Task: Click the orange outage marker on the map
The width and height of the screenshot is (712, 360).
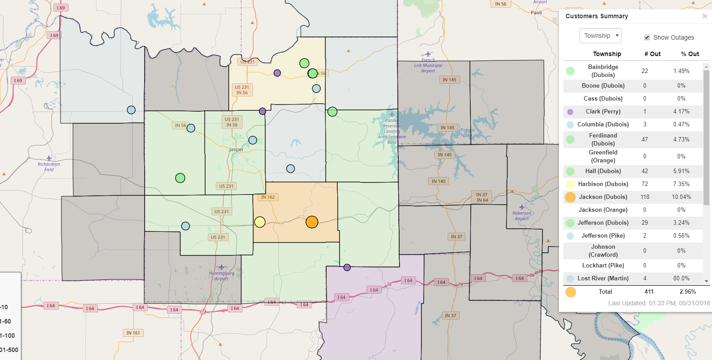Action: pos(312,222)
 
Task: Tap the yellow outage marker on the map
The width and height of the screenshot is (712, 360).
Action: pos(260,222)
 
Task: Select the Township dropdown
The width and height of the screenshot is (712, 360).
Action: pos(600,36)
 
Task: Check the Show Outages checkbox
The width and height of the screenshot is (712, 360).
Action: pos(647,37)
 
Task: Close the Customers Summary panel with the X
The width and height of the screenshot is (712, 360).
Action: pos(704,16)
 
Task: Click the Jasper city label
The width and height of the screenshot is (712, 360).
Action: pos(236,150)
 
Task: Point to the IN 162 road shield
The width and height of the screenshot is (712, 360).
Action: pos(268,197)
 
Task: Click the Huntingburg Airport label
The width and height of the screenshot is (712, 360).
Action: pos(222,276)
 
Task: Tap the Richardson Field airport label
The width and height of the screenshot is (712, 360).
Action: pos(49,167)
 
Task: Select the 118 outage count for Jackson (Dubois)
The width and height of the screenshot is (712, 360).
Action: pos(645,197)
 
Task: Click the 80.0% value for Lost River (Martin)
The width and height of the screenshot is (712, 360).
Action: pos(681,278)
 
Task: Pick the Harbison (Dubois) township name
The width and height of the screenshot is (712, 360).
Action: pos(603,184)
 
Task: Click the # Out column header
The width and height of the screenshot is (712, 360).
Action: pos(652,54)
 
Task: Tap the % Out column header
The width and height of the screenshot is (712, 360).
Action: pos(690,54)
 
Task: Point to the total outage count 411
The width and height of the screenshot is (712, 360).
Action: pos(649,291)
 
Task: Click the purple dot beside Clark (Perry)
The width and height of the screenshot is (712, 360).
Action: pos(570,112)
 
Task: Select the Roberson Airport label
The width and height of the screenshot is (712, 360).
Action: pos(522,216)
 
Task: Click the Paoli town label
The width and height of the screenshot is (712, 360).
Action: pos(536,12)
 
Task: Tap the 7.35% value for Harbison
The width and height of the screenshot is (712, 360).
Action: pos(681,184)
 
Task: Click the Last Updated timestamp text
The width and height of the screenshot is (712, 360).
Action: pos(659,303)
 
